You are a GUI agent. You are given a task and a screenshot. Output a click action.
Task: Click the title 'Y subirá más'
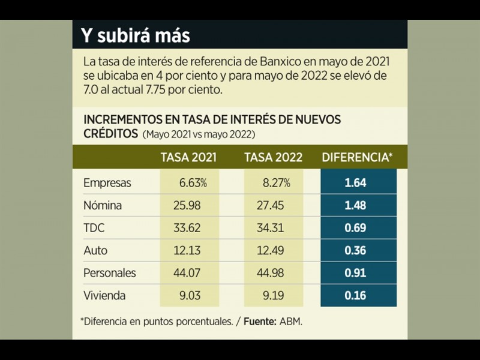(136, 35)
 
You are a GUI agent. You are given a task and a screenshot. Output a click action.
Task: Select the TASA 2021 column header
(188, 158)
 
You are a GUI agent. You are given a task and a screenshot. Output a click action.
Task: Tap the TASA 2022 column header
(274, 158)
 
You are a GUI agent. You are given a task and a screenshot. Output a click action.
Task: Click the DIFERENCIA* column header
(358, 158)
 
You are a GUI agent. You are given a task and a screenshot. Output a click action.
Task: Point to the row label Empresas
(107, 183)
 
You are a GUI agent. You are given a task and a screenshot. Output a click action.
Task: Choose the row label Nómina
(103, 205)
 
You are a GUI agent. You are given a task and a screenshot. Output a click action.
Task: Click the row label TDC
(95, 228)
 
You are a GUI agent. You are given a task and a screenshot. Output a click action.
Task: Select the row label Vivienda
(106, 295)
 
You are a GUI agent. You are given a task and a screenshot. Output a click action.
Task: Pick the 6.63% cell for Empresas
(193, 183)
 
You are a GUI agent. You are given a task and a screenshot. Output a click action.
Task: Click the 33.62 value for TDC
(188, 228)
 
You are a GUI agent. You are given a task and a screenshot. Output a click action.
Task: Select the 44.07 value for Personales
(188, 273)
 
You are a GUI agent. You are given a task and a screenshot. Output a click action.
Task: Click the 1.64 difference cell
(355, 183)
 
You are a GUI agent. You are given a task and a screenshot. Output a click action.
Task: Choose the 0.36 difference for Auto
(355, 250)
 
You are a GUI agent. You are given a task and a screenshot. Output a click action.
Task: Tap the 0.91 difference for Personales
(355, 273)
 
